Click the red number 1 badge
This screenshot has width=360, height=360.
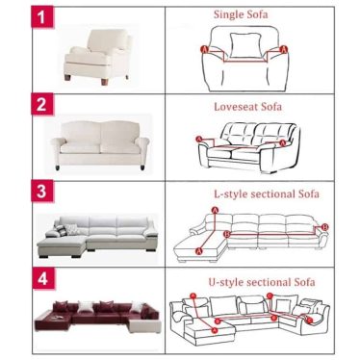[x=42, y=17]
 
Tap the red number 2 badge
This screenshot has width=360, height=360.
[x=42, y=104]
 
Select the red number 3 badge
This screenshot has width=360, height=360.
[x=42, y=192]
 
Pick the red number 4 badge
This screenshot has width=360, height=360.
[x=42, y=279]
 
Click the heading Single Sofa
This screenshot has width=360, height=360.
[x=241, y=14]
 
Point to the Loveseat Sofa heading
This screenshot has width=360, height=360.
[x=248, y=107]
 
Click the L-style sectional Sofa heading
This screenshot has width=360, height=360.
[x=267, y=194]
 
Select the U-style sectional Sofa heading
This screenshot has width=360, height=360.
[x=262, y=282]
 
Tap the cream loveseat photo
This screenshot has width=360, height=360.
[x=100, y=144]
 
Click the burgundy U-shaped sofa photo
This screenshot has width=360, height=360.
[x=98, y=317]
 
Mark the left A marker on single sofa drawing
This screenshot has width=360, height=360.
[x=204, y=49]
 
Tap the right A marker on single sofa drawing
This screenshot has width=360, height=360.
[x=284, y=49]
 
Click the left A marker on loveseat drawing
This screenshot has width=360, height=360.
[x=199, y=139]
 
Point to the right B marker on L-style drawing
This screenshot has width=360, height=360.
[x=324, y=227]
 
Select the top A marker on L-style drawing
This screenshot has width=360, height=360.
[x=216, y=210]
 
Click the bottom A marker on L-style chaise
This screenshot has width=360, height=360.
[x=199, y=250]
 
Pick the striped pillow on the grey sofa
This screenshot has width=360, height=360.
[x=61, y=230]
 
